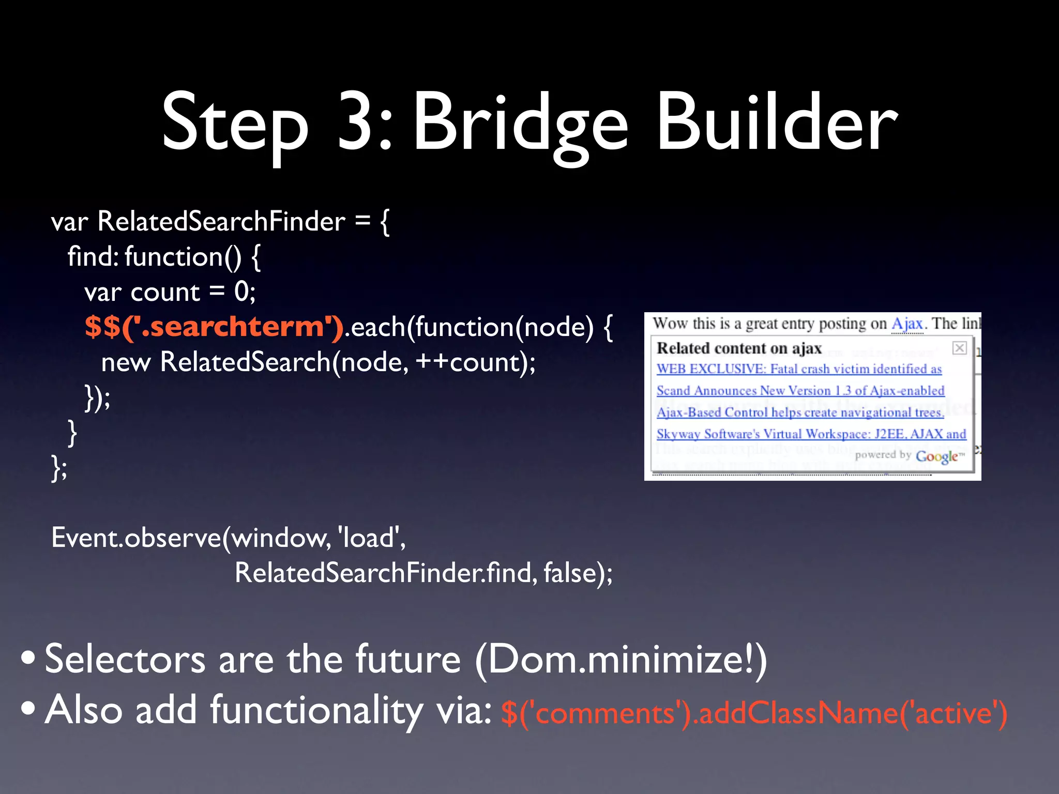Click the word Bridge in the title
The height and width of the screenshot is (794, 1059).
click(520, 124)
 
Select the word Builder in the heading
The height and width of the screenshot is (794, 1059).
click(777, 124)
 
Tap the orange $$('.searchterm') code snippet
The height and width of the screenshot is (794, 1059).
click(214, 327)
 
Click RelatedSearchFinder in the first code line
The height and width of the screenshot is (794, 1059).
click(221, 222)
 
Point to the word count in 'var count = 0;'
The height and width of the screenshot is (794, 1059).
click(165, 293)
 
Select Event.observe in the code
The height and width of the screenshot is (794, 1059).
click(136, 538)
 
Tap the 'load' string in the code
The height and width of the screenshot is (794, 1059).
click(368, 538)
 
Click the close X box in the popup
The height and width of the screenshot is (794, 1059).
click(959, 348)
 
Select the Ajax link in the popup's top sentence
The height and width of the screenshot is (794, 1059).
click(907, 324)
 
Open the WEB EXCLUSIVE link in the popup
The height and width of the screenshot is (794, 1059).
click(799, 369)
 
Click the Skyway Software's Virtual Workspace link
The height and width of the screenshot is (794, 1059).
click(811, 434)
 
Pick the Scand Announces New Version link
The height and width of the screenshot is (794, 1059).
click(800, 391)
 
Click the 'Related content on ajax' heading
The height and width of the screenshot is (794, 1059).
click(739, 348)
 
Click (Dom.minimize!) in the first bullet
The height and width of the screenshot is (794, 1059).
click(621, 660)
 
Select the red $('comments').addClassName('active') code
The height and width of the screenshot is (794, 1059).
click(754, 713)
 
